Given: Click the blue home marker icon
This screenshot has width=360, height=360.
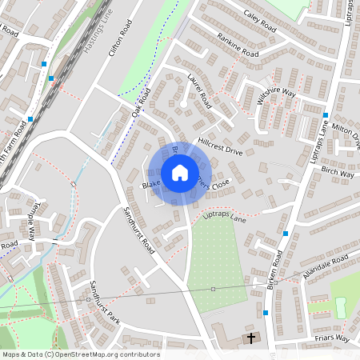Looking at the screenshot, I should pos(180,172).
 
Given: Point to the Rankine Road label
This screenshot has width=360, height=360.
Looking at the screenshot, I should pos(238,44).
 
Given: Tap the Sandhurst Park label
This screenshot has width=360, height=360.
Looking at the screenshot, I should pos(104,302).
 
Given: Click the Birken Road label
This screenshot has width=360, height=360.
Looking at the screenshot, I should pos(276,272).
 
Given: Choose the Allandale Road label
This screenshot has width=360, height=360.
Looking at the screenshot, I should pos(326,268).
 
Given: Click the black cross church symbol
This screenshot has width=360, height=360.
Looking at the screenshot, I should pos(250,338).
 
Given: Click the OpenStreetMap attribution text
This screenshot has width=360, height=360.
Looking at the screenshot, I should pos(81,354).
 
